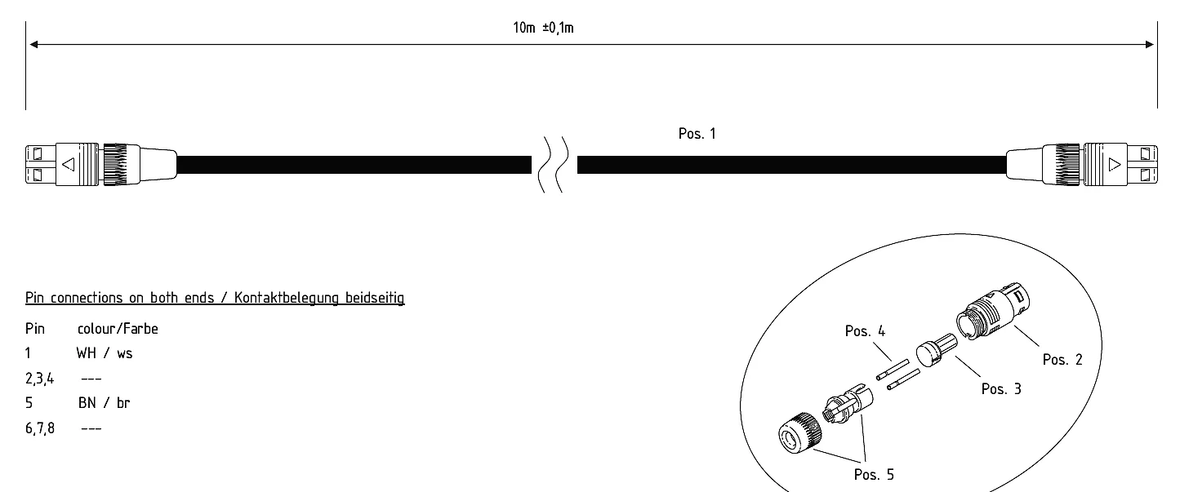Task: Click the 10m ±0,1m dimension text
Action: pyautogui.click(x=542, y=28)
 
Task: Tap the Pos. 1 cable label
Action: pyautogui.click(x=697, y=134)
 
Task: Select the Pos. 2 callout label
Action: pyautogui.click(x=1062, y=359)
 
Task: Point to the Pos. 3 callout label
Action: pyautogui.click(x=1001, y=389)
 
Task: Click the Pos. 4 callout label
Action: pyautogui.click(x=865, y=331)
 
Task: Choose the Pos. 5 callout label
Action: pyautogui.click(x=875, y=475)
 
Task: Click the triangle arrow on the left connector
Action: pyautogui.click(x=68, y=164)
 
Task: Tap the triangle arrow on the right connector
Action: pyautogui.click(x=1115, y=164)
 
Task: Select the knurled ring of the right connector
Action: pyautogui.click(x=1067, y=164)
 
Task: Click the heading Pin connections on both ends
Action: pyautogui.click(x=215, y=298)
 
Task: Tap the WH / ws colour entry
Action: pyautogui.click(x=105, y=354)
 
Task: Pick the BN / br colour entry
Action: pyautogui.click(x=105, y=403)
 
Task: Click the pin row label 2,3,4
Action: pyautogui.click(x=39, y=379)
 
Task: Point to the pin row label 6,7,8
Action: pyautogui.click(x=39, y=428)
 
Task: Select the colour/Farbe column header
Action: pyautogui.click(x=118, y=330)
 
